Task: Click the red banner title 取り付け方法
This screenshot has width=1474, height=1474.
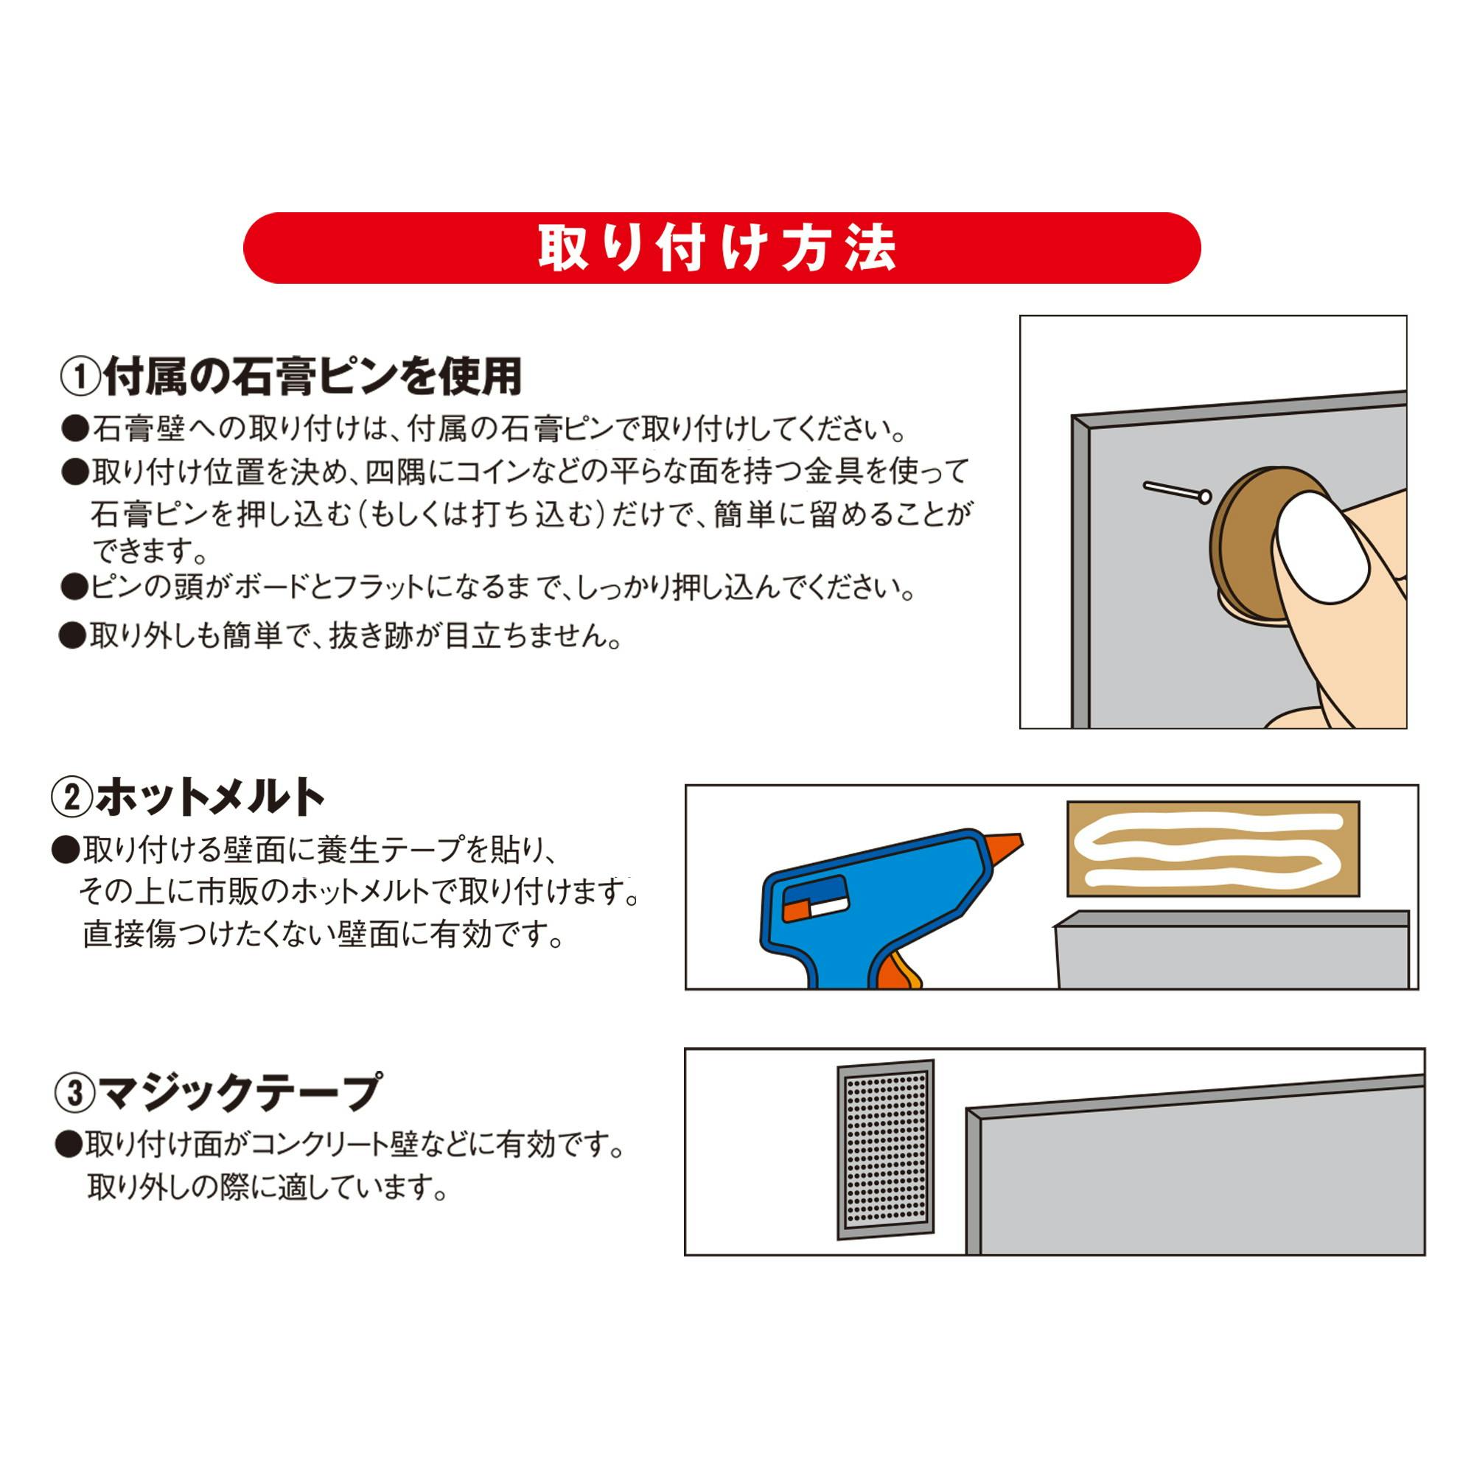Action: pos(717,248)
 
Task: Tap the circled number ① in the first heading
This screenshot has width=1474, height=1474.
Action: pos(80,377)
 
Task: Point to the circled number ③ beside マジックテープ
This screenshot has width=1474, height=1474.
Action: pos(74,1093)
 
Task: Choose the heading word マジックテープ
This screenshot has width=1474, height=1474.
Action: pos(239,1092)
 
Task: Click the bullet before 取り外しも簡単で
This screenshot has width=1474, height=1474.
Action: pos(72,635)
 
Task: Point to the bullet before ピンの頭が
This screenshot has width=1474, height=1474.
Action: pos(74,587)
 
